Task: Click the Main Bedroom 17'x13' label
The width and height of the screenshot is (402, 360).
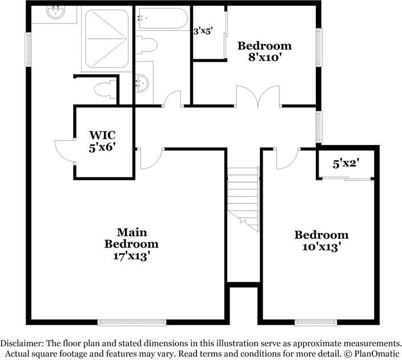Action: [x=131, y=244]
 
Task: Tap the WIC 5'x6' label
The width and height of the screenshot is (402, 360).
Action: [x=103, y=141]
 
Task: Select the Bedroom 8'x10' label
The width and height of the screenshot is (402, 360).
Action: [x=264, y=51]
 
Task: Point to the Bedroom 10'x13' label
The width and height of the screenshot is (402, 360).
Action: [x=321, y=240]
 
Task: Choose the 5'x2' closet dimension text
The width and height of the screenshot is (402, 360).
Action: [x=345, y=164]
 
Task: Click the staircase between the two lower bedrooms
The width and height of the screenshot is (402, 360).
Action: [x=243, y=197]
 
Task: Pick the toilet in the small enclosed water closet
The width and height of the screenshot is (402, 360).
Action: [x=104, y=90]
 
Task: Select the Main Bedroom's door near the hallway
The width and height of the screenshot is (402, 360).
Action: [x=150, y=159]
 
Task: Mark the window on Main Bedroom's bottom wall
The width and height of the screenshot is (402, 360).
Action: [x=132, y=321]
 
